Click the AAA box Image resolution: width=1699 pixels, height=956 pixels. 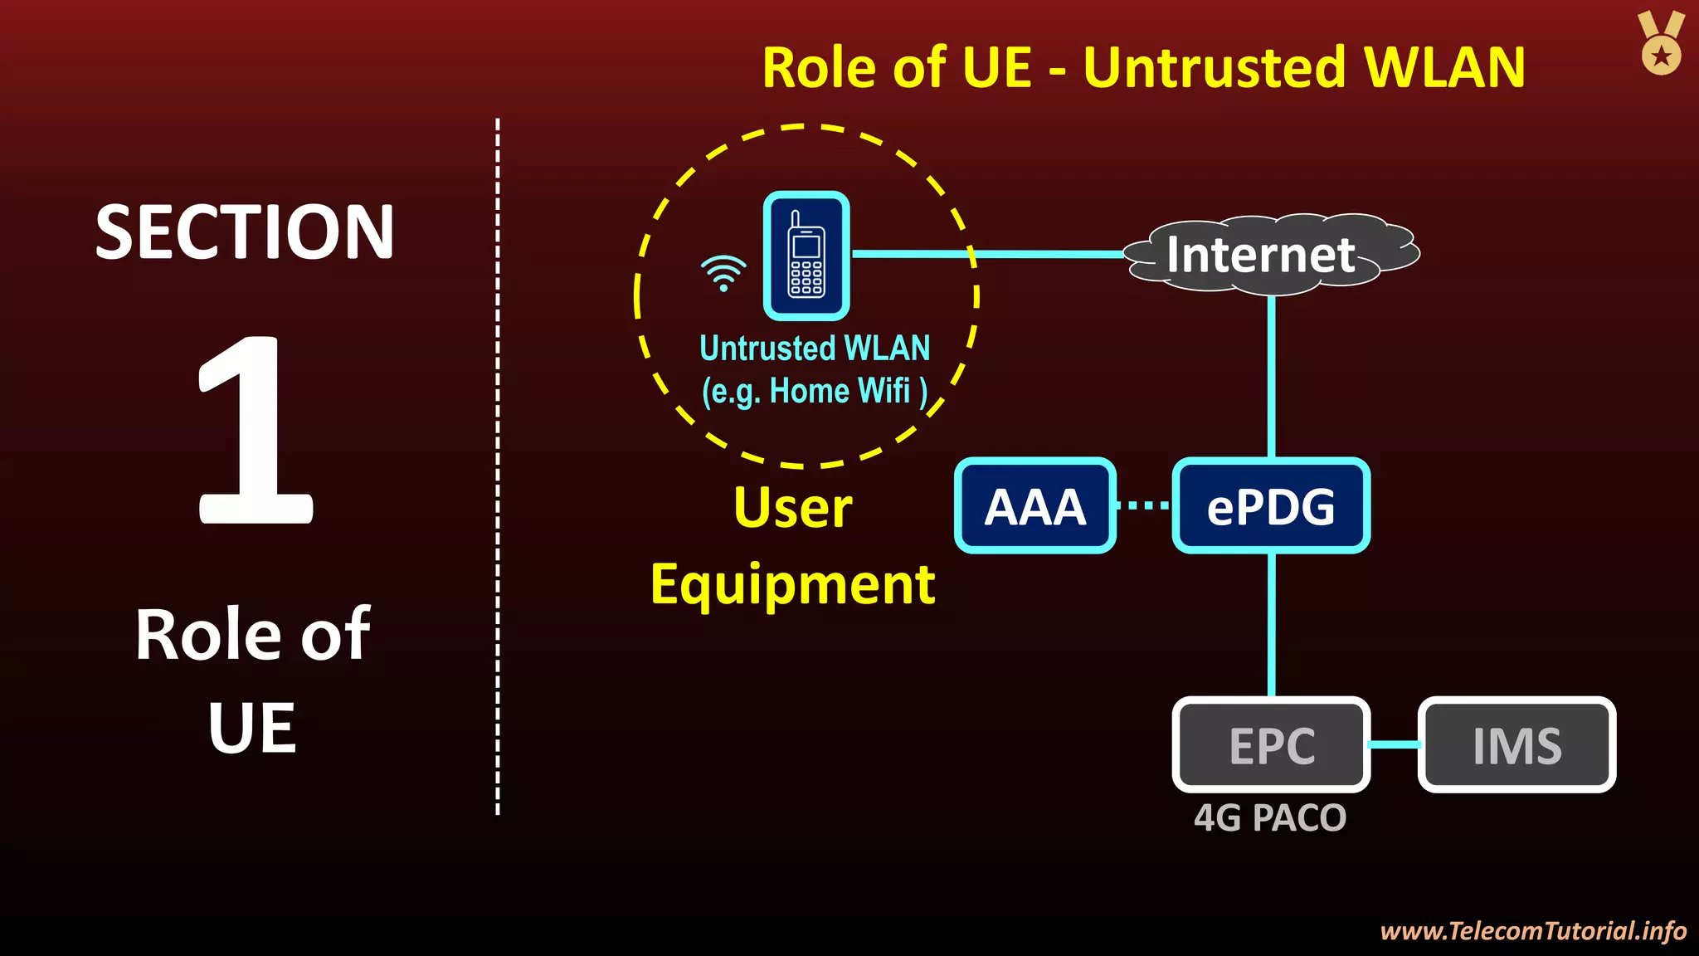[x=1034, y=505]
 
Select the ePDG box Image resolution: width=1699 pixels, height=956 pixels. [x=1270, y=505]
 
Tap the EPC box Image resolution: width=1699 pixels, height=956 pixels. [x=1270, y=744]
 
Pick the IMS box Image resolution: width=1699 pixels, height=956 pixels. [x=1516, y=744]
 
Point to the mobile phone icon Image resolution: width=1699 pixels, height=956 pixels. [x=806, y=256]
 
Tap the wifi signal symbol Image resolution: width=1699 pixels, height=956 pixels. [x=723, y=272]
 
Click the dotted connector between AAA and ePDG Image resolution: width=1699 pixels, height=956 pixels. [x=1143, y=505]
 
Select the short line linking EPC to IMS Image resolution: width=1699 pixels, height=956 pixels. [x=1394, y=744]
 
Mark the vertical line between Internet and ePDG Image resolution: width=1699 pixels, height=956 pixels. [x=1271, y=373]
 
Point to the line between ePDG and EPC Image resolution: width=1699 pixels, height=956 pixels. [x=1271, y=622]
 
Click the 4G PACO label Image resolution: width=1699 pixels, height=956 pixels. [x=1269, y=818]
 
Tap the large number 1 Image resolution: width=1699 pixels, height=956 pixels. [x=254, y=432]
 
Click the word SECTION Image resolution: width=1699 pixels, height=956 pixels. [x=245, y=232]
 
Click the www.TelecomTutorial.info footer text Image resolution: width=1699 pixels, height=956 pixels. [x=1533, y=930]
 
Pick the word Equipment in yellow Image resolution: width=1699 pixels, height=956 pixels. [x=793, y=585]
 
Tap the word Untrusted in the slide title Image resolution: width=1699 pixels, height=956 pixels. [x=1215, y=67]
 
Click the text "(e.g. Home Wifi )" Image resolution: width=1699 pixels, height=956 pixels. [x=815, y=391]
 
